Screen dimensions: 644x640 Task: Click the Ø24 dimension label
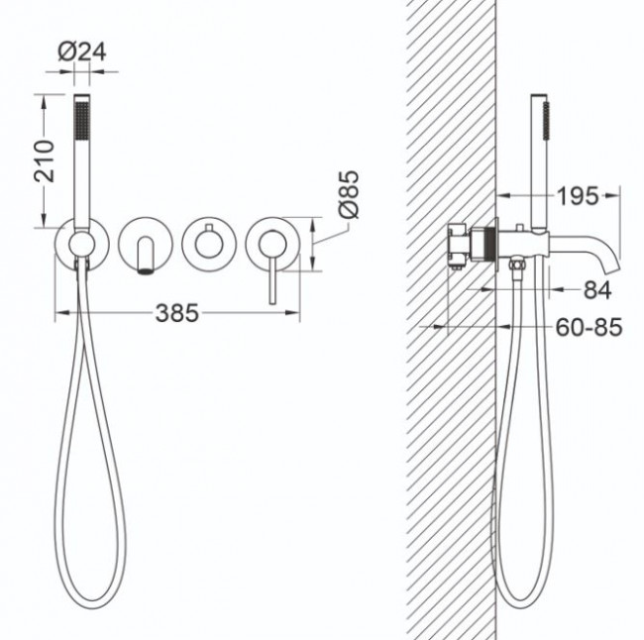82,52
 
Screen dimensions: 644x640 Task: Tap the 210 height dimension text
45,161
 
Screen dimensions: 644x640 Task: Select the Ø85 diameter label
349,194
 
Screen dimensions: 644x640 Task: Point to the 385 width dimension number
177,313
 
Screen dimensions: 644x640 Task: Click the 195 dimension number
578,196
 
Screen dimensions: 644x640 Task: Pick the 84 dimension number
597,290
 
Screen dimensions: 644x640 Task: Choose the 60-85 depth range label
589,327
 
